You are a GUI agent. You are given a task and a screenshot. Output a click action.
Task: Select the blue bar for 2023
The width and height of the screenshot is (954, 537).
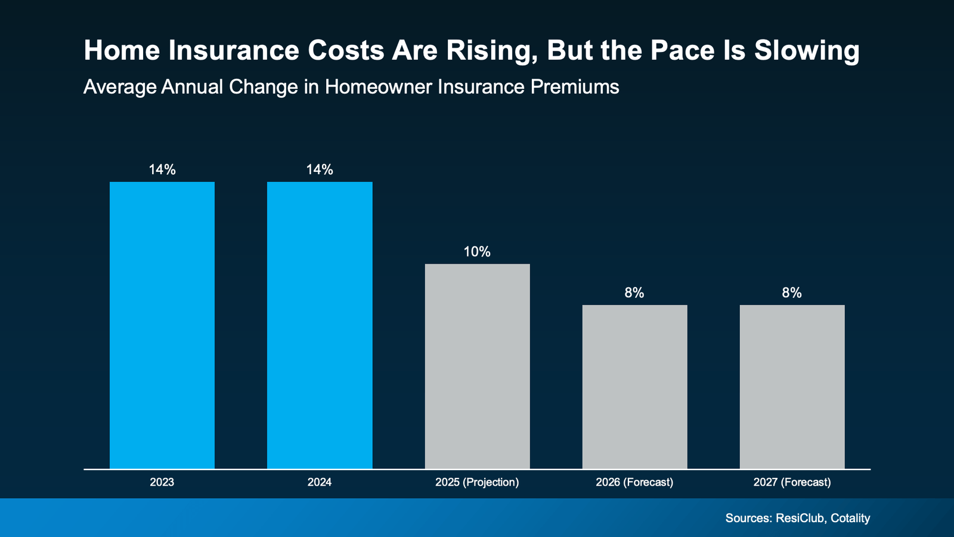point(162,325)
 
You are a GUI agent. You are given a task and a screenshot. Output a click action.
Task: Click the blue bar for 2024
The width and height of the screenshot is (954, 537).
point(320,325)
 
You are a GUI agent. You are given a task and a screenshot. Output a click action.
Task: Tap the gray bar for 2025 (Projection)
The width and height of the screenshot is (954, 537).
point(477,366)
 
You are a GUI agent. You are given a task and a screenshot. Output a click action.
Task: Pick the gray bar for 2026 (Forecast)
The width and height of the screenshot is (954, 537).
point(634,387)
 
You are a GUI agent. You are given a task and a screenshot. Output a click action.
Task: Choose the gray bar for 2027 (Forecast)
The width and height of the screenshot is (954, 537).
point(792,387)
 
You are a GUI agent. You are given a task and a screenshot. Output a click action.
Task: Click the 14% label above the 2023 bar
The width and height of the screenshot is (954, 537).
point(162,170)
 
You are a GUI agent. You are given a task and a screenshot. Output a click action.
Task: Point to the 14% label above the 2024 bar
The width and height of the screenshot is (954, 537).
point(320,170)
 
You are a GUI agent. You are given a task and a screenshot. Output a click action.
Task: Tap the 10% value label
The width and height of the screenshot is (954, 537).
point(477,252)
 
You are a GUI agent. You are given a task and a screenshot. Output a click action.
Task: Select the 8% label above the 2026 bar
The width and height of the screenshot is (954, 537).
point(634,293)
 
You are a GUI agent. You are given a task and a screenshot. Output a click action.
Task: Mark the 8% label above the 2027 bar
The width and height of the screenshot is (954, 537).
point(792,293)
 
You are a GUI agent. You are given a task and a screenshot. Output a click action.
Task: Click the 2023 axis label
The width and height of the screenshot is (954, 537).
point(162,482)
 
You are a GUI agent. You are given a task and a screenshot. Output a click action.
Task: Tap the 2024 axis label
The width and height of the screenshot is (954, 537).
point(320,482)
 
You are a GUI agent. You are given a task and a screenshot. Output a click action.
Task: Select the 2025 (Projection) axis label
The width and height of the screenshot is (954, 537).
point(477,482)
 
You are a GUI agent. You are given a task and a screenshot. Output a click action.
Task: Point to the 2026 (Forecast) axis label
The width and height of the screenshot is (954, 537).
point(634,482)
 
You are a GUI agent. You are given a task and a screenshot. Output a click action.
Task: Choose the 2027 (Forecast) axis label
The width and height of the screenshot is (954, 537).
point(792,482)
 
